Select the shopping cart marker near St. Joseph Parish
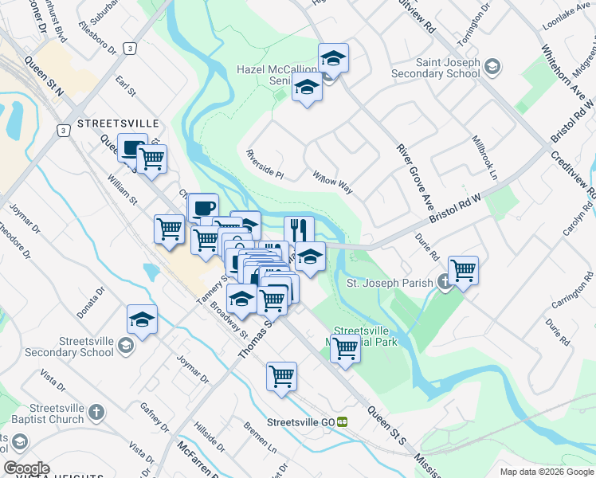tap(463, 270)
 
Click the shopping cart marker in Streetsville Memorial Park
tap(345, 347)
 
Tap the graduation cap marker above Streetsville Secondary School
tap(142, 319)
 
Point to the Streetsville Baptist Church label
tap(54, 413)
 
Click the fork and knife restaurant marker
tap(299, 230)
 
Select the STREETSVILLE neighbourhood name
tap(118, 124)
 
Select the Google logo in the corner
tap(26, 468)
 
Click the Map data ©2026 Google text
tap(547, 472)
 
